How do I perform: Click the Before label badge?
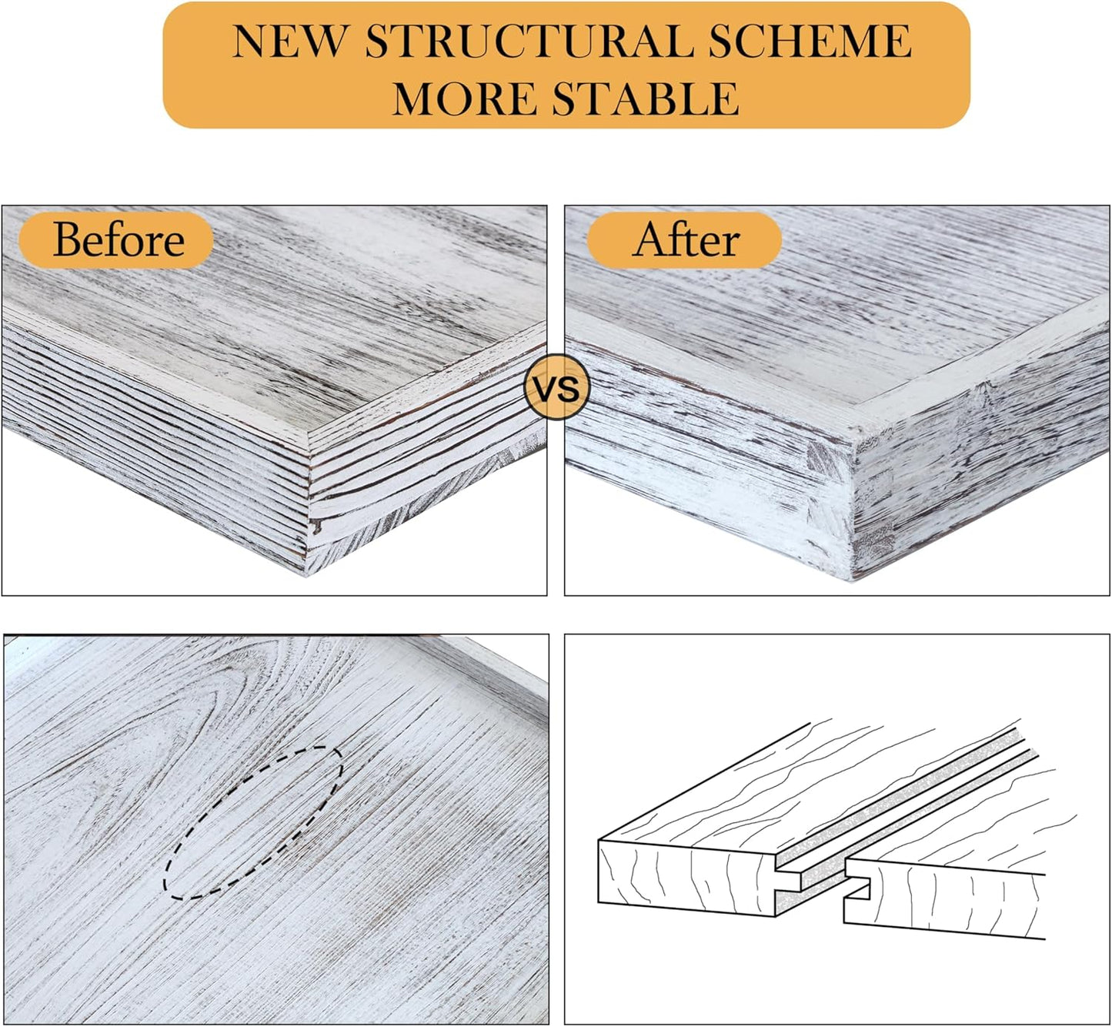[x=116, y=239]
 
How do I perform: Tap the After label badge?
[x=684, y=239]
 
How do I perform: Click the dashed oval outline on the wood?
[x=253, y=823]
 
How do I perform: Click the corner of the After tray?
[x=852, y=579]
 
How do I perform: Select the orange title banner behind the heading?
[x=566, y=65]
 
